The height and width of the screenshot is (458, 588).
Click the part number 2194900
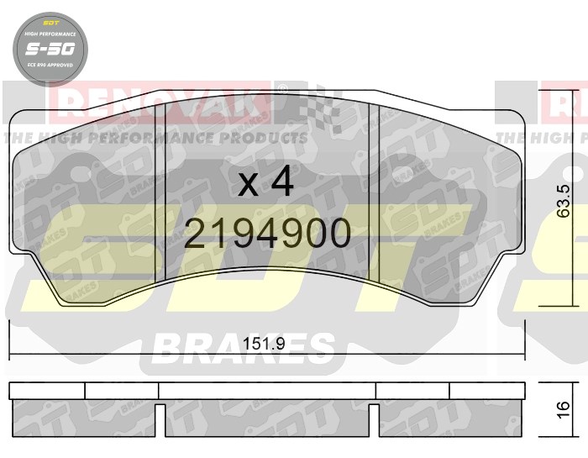(x=267, y=234)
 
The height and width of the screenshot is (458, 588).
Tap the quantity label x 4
(x=265, y=182)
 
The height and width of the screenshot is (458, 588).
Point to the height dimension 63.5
(x=564, y=202)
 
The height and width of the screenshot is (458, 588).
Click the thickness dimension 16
(x=564, y=408)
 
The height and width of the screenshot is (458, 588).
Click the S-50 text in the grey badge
(x=49, y=49)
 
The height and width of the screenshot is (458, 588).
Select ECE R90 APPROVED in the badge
(x=49, y=64)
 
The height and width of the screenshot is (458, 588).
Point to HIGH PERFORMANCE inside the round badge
(x=49, y=34)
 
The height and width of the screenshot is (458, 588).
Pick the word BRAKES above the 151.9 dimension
(x=244, y=346)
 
